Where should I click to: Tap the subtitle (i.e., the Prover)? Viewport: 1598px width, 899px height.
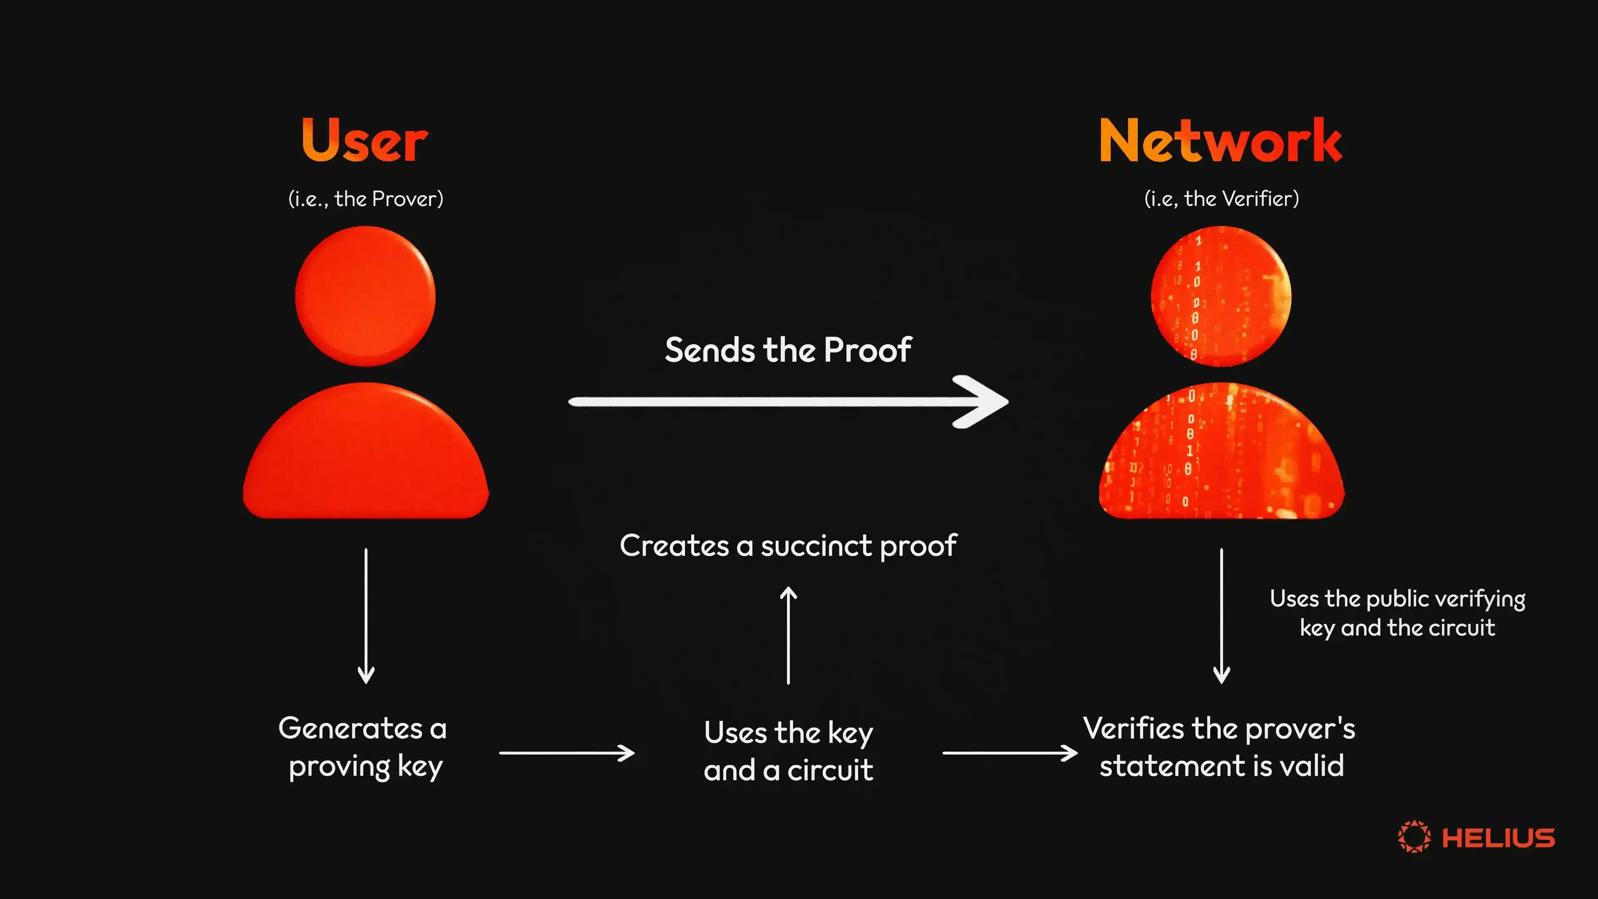pos(365,199)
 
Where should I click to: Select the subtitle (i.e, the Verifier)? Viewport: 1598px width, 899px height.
pos(1221,199)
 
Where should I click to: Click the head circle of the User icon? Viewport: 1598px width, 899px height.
pos(365,296)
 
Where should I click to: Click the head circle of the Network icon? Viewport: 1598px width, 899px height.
pos(1221,296)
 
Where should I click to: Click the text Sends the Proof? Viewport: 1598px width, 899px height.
pos(788,350)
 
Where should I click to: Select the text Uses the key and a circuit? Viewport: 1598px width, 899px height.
pos(788,751)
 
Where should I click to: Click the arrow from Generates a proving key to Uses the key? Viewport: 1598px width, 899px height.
pos(566,753)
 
